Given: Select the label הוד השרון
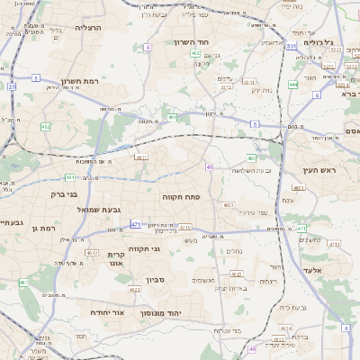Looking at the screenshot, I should click(192, 42).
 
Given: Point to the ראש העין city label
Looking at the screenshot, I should click(319, 169).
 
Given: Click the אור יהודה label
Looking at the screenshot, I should click(105, 311).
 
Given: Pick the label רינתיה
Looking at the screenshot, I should click(269, 281).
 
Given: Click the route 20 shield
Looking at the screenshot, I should click(12, 86).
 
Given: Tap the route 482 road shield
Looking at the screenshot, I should click(46, 127).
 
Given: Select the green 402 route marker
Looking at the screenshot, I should click(195, 54).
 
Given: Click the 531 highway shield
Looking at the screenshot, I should click(292, 46).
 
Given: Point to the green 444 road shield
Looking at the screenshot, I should click(293, 85).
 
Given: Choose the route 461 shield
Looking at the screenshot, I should click(23, 283).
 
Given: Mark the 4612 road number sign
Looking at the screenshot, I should click(92, 253).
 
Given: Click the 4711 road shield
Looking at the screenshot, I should click(184, 227).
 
